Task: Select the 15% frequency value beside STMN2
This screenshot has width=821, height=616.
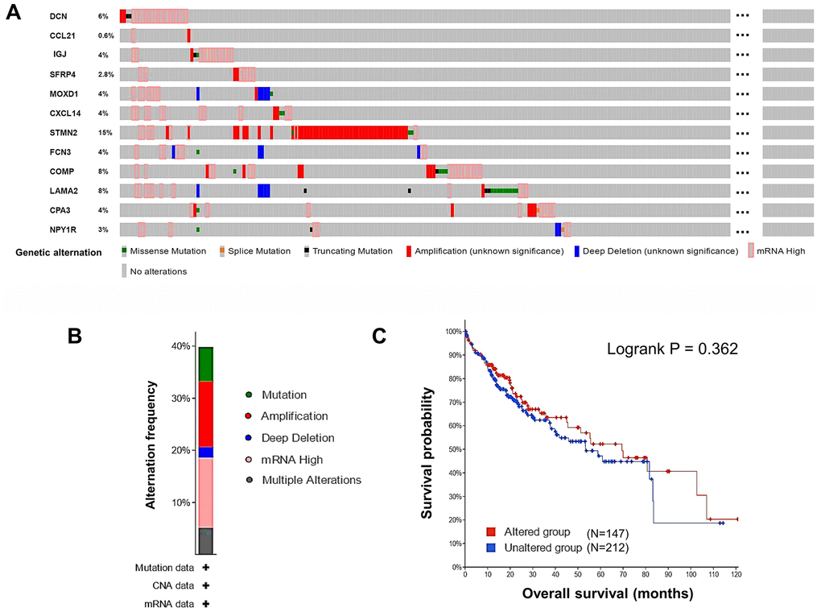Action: point(102,132)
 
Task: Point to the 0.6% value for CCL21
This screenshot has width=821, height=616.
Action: point(105,35)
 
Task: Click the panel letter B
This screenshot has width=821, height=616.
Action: point(75,335)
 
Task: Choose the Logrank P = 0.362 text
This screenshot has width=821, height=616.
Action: point(672,349)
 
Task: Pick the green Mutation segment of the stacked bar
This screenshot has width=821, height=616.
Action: point(206,364)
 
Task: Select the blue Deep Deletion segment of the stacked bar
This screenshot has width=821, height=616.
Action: point(206,453)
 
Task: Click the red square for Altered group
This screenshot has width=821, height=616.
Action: point(489,532)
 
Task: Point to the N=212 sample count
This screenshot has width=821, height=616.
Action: point(607,548)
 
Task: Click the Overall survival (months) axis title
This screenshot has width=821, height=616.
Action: point(607,594)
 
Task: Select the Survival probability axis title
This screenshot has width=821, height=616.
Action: point(428,452)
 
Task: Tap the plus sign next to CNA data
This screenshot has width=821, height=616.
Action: point(206,585)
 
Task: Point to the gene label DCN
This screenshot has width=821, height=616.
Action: point(58,16)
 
